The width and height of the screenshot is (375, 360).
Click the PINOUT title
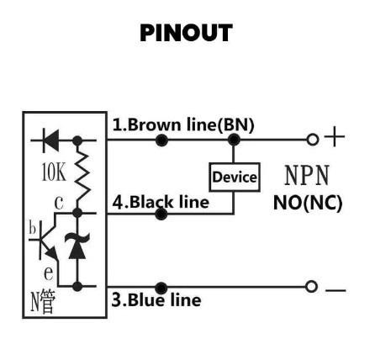tap(186, 33)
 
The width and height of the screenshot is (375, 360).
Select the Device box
tap(235, 177)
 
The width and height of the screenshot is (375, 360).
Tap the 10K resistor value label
tap(54, 172)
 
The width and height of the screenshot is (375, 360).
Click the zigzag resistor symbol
tap(82, 176)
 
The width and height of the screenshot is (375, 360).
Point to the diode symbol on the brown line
tap(50, 140)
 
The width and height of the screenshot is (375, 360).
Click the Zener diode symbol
tap(77, 246)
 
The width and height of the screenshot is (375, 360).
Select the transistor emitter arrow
tap(51, 254)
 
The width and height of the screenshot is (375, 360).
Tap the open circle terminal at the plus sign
tap(313, 140)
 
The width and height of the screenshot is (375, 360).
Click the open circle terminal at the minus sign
tap(311, 287)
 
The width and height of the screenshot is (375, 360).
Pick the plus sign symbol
tap(335, 137)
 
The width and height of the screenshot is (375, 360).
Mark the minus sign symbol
tap(335, 290)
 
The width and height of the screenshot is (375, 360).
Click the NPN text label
tap(307, 175)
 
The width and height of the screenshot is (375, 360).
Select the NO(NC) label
tap(308, 203)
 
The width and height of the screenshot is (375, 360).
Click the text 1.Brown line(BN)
tap(183, 125)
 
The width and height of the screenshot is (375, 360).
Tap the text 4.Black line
tap(161, 202)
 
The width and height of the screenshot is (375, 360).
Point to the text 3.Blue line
tap(156, 299)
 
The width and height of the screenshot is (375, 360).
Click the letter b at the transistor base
tap(33, 228)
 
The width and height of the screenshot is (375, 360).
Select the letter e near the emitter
tap(49, 273)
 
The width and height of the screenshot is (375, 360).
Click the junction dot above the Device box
tap(234, 140)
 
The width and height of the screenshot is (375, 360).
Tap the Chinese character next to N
tap(46, 301)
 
